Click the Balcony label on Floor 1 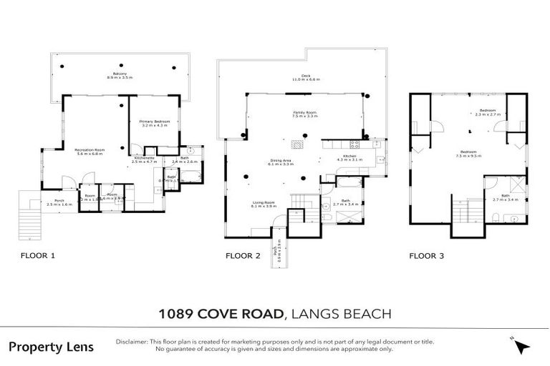pos(120,75)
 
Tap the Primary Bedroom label pos(155,124)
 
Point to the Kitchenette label pos(145,161)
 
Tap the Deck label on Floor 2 pos(305,77)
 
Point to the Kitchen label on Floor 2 pos(349,157)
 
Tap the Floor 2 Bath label pos(345,202)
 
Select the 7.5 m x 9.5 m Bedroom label pos(470,154)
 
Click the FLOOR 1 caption pos(38,255)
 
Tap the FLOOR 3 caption pos(427,255)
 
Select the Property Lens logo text pos(51,347)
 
